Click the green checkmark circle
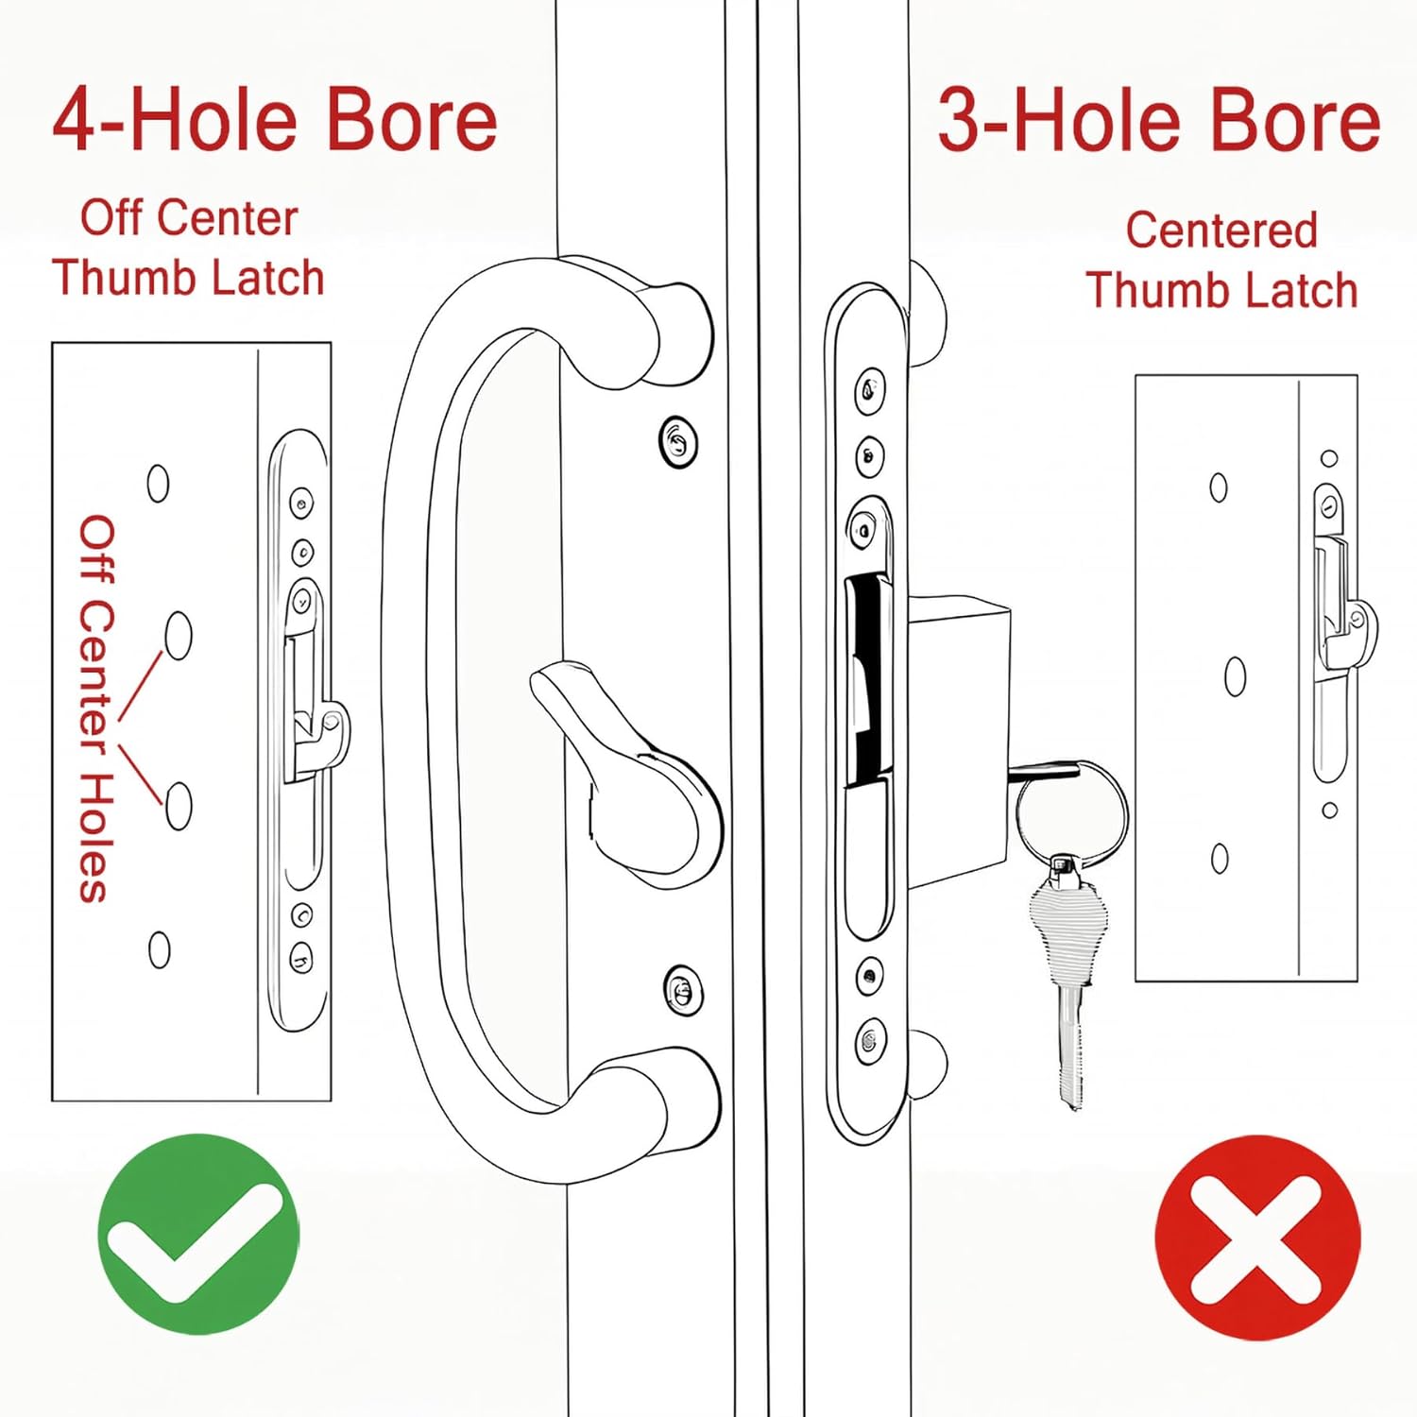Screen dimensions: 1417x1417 (198, 1234)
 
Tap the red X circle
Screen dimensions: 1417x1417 (1257, 1238)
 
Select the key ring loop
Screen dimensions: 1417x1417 (1071, 812)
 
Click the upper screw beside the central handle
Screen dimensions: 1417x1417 (677, 441)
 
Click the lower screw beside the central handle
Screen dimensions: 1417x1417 (682, 990)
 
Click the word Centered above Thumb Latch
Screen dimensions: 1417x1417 (1221, 230)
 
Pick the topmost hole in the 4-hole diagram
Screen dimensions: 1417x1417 (158, 483)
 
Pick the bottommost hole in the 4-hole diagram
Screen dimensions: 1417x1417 (160, 949)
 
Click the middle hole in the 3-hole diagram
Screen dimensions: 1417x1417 (1235, 676)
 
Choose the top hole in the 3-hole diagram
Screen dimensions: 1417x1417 (1219, 487)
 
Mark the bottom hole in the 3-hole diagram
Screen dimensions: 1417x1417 (1220, 858)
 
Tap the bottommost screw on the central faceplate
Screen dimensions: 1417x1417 (870, 1041)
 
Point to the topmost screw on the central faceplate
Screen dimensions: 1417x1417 (869, 388)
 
